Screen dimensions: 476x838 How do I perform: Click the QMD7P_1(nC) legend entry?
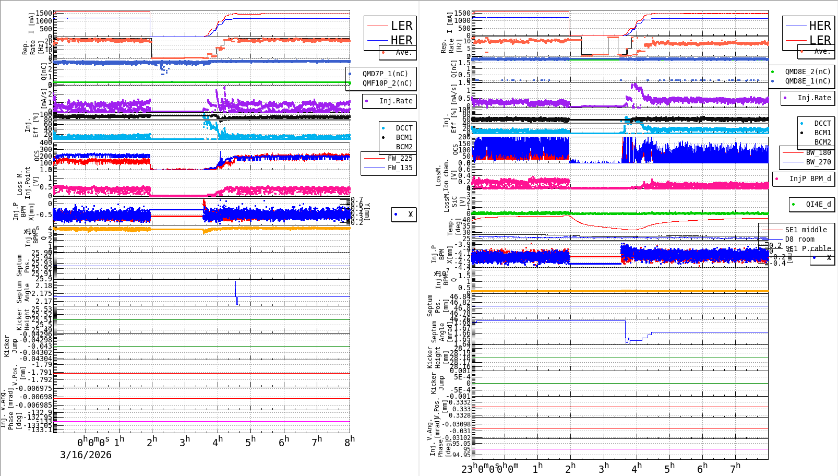(x=385, y=74)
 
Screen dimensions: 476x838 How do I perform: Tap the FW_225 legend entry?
(x=400, y=158)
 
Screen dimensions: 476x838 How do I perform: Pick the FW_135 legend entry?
(x=400, y=168)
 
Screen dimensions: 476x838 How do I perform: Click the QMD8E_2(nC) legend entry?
(x=807, y=72)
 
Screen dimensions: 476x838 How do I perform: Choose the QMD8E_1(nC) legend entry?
(x=807, y=81)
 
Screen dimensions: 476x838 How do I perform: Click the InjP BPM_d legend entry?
(x=809, y=178)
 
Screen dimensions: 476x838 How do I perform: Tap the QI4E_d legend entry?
(x=818, y=204)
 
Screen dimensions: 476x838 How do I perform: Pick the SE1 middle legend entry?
(x=806, y=230)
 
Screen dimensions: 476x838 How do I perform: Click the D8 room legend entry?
(x=799, y=239)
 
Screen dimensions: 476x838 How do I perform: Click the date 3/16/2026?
(x=86, y=455)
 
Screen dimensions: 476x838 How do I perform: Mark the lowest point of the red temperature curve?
(x=632, y=230)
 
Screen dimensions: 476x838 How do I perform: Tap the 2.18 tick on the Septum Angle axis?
(x=44, y=285)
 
